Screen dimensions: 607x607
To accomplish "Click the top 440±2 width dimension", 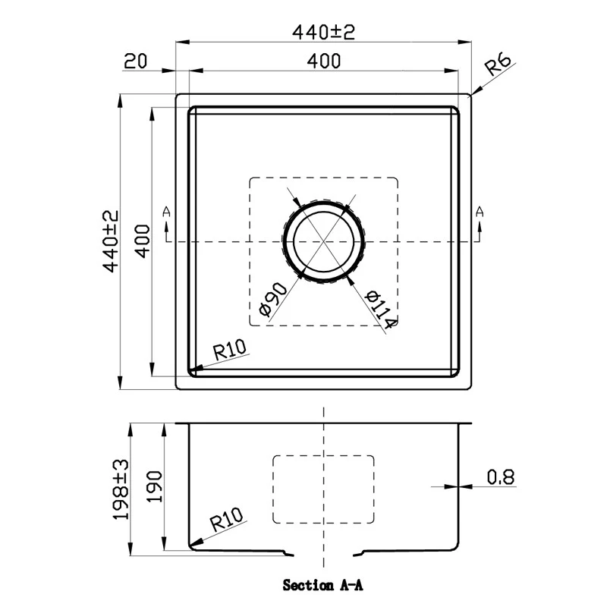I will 323,32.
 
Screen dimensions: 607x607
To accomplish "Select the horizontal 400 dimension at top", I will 324,61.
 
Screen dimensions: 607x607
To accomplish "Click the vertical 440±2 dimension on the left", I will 112,242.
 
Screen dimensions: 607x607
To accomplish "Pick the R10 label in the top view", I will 231,350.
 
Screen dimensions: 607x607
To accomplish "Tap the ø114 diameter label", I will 380,310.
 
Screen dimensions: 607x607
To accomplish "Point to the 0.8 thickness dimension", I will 501,477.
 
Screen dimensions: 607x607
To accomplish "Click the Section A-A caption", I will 323,586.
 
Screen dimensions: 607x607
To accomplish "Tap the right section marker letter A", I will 480,212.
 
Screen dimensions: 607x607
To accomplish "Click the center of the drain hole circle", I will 325,241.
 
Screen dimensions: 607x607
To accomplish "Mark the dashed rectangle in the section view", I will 324,489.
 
